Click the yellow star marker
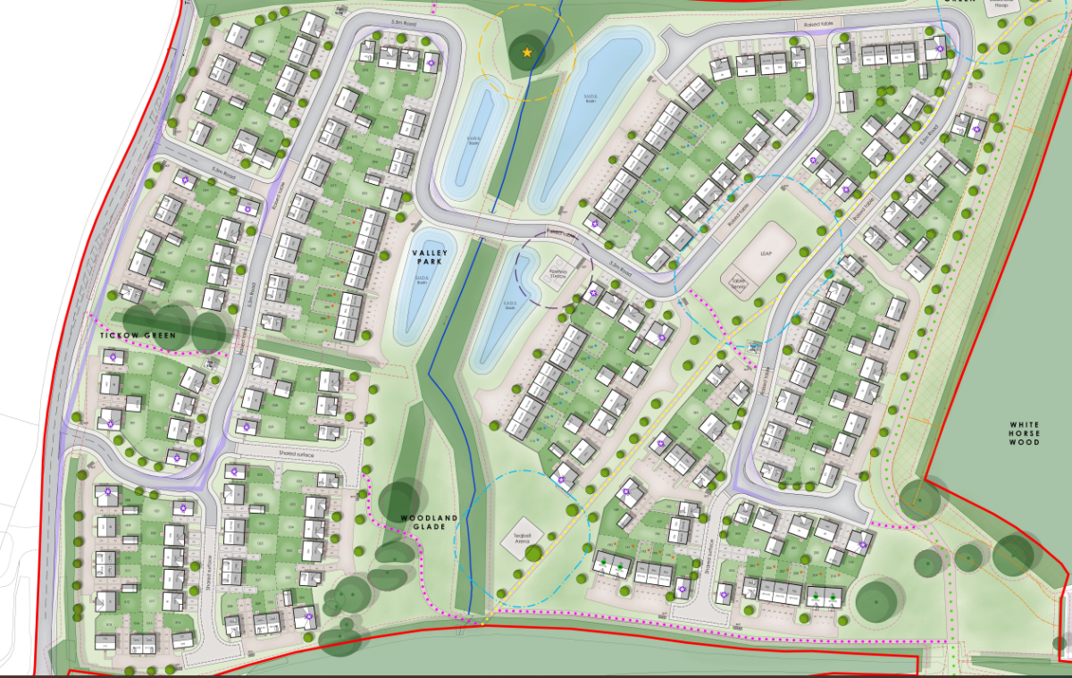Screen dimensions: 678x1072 [x=527, y=54]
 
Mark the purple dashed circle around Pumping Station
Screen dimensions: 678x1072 [x=591, y=269]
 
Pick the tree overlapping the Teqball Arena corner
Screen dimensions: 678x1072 [x=533, y=554]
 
